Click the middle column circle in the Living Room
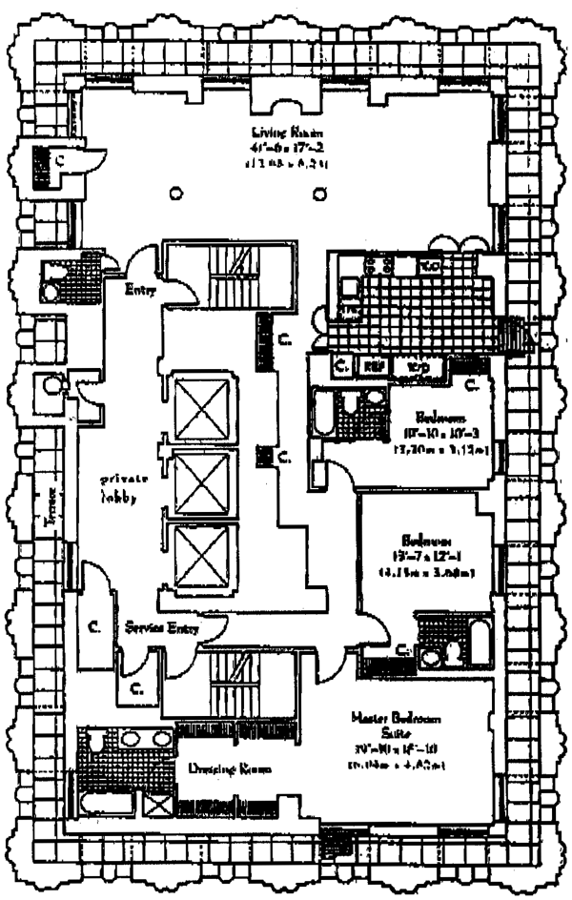249,193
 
